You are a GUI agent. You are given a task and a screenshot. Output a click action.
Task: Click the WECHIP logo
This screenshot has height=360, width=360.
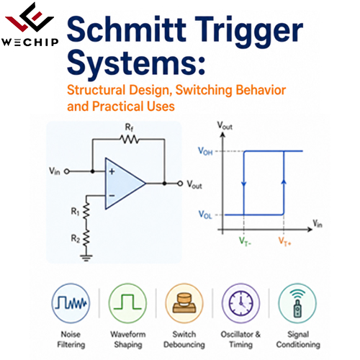point(30,24)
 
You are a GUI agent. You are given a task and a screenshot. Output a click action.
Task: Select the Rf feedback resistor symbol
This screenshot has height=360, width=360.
point(129,139)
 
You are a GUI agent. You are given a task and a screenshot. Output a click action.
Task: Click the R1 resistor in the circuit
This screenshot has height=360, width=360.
point(86,211)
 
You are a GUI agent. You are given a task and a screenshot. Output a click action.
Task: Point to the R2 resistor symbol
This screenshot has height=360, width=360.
point(86,238)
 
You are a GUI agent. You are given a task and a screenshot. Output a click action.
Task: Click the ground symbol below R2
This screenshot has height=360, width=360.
point(86,258)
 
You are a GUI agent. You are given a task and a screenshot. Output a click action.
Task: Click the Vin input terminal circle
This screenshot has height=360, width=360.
point(67,171)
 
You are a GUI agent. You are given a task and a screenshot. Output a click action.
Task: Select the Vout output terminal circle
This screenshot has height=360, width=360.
point(180,184)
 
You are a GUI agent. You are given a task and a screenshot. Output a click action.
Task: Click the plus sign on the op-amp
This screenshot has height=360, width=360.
point(112,171)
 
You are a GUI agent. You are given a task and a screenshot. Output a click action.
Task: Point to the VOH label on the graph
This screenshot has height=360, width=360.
point(205,151)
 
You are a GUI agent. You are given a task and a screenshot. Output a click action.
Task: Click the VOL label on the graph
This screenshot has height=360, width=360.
point(205,215)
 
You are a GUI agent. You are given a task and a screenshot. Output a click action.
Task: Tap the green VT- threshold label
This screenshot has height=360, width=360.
point(245,241)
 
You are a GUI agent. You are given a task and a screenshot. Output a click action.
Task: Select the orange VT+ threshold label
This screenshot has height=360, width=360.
point(284,241)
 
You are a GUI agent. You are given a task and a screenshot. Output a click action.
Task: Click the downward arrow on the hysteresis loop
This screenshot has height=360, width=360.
point(244,184)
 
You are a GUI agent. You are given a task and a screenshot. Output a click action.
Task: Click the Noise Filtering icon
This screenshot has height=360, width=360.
point(71,303)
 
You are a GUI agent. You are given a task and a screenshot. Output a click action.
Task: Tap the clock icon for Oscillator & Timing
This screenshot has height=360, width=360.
point(240,303)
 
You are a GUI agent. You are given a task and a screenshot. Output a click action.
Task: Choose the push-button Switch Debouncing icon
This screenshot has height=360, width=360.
point(184,303)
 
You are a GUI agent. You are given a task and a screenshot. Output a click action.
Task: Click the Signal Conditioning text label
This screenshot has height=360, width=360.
point(298,339)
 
